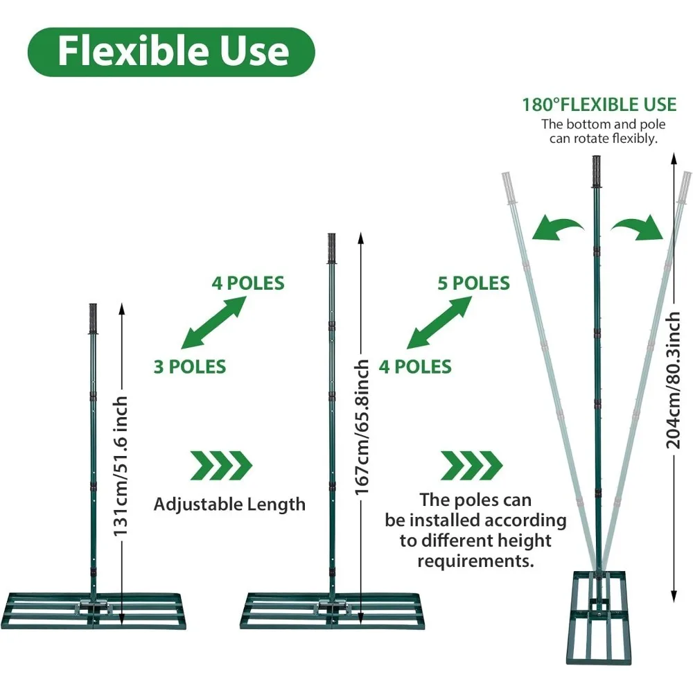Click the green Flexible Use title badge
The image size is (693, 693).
point(171,51)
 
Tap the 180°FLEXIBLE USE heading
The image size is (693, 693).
point(599,105)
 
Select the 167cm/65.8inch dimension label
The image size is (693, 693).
point(361,427)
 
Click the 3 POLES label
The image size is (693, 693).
point(190,366)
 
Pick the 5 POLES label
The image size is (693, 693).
point(473,283)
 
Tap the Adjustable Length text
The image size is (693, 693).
point(229,504)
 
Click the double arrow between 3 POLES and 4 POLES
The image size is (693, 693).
point(213,323)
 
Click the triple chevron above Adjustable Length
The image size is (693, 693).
point(221,465)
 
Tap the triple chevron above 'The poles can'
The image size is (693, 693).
point(471,465)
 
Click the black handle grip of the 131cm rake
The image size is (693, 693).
point(94,319)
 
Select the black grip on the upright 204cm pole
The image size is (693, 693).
point(595,172)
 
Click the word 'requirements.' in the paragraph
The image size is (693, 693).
point(475,561)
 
